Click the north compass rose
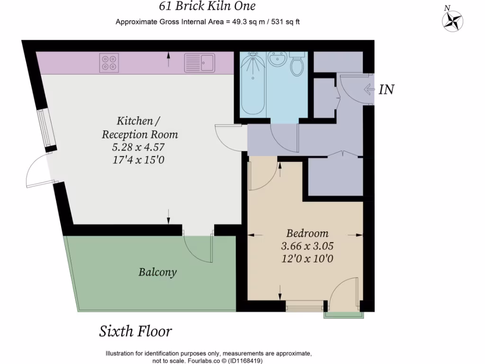[x=452, y=20]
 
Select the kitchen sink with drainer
[x=199, y=63]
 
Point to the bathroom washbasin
[x=277, y=60]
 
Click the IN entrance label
[x=386, y=89]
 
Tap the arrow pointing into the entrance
[x=369, y=89]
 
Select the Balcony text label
[x=158, y=272]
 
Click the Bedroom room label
[x=307, y=234]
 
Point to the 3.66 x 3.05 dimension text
[x=307, y=246]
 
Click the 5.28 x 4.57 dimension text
[x=140, y=147]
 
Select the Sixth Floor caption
[x=135, y=331]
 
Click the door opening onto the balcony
[x=198, y=247]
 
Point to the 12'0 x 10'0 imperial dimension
[x=307, y=259]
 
